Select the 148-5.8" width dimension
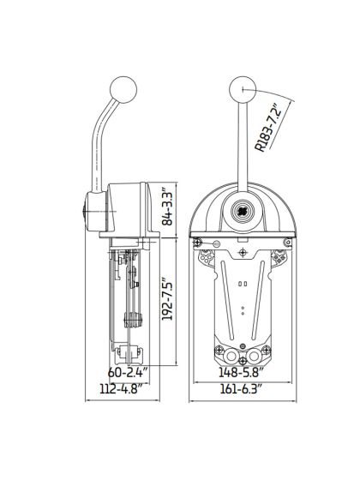[x=243, y=373]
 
